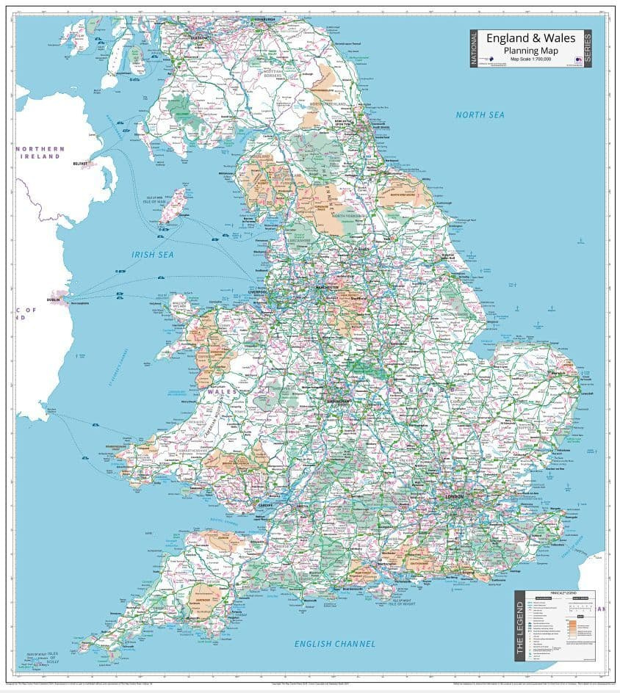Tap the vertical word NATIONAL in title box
(x=475, y=48)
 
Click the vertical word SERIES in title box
(x=588, y=48)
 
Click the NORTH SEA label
(x=480, y=115)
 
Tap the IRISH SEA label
(x=152, y=254)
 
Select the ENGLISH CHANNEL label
(x=335, y=644)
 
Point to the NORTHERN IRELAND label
(x=40, y=153)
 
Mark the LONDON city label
(x=454, y=497)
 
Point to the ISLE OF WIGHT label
(x=403, y=601)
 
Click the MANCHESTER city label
(x=328, y=287)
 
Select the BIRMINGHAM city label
(x=339, y=402)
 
